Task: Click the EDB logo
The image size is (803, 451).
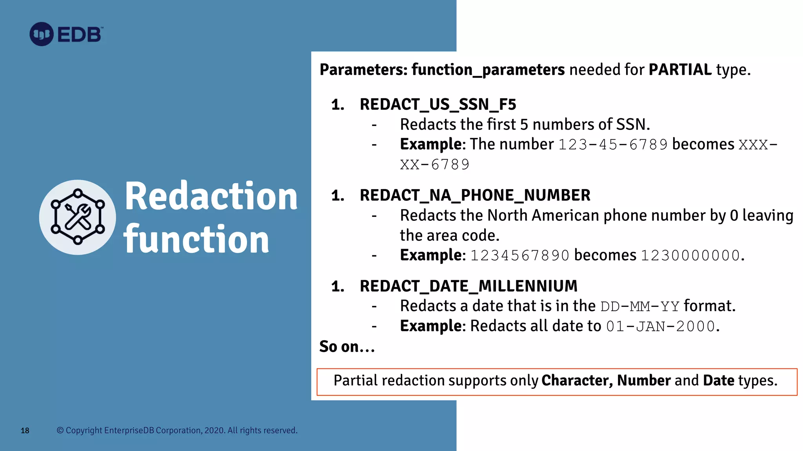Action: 66,34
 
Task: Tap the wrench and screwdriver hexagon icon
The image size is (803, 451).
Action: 78,217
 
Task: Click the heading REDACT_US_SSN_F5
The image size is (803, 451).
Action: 438,105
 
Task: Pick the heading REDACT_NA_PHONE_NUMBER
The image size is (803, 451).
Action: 475,195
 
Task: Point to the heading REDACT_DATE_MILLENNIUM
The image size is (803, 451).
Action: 469,286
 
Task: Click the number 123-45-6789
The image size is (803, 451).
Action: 613,145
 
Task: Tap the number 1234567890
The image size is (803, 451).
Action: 520,256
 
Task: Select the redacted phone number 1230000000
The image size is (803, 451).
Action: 690,256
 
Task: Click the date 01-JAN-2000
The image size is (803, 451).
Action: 661,327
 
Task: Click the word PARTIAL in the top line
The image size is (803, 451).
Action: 680,70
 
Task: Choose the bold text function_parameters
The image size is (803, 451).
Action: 488,70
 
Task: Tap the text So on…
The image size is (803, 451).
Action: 347,347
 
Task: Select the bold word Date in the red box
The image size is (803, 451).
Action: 718,381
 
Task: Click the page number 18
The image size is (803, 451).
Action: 25,431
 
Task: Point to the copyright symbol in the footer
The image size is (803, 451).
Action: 60,430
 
